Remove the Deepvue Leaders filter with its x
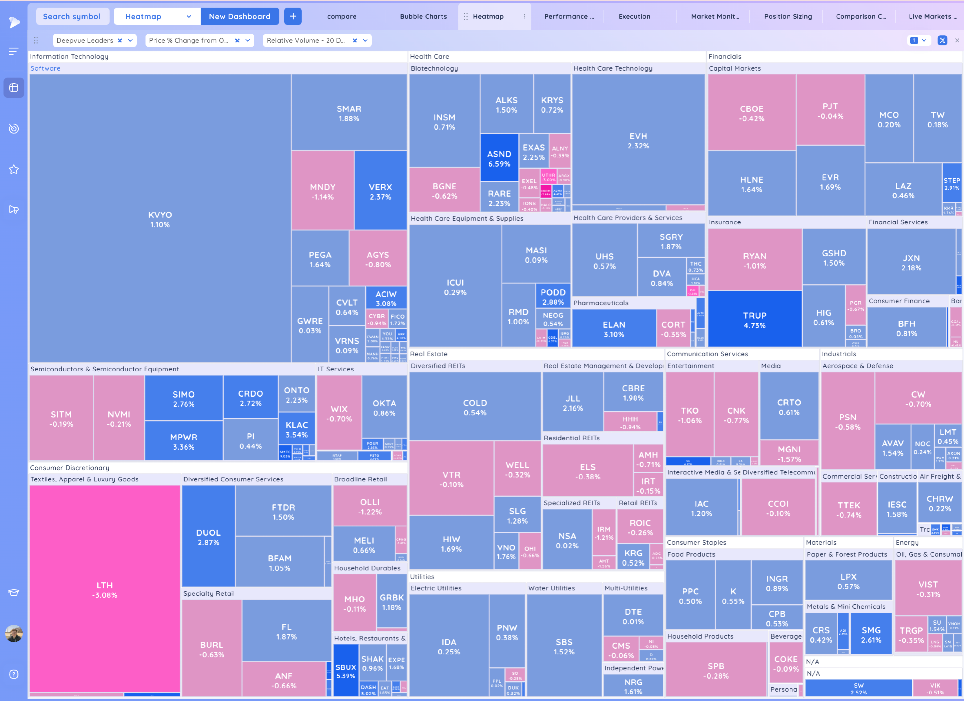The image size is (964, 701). click(120, 41)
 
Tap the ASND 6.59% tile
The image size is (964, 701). click(499, 158)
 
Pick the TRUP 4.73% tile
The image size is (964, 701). click(755, 320)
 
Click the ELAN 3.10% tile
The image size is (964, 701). click(614, 329)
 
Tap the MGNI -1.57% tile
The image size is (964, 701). click(789, 454)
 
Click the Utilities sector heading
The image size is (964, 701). click(422, 576)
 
